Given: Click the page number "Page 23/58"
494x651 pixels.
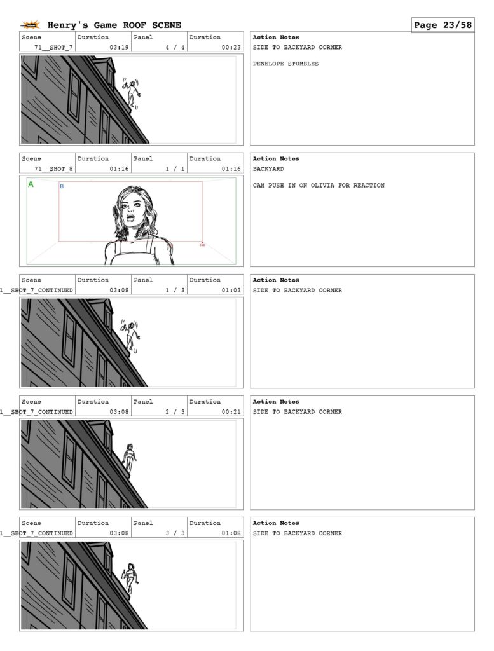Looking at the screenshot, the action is (x=443, y=25).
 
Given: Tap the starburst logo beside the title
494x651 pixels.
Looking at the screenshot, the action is (x=31, y=25).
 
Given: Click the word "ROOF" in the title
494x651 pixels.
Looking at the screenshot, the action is (x=135, y=25).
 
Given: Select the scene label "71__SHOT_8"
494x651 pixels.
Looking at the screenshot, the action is (x=53, y=169).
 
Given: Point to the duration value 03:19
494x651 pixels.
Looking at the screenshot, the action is (x=119, y=47).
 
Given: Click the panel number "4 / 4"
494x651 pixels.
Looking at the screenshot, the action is (x=175, y=47).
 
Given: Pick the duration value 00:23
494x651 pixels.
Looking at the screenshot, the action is (x=231, y=47).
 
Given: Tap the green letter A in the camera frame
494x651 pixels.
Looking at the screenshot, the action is (x=31, y=184).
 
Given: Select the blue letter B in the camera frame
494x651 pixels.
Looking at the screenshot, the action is (x=62, y=186).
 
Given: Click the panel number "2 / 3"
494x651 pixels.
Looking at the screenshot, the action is (x=175, y=412).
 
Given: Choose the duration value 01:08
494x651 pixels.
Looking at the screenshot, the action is (x=231, y=533).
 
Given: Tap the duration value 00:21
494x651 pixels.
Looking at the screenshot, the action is (x=231, y=412).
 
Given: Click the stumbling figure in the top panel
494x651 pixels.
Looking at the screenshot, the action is (x=132, y=94).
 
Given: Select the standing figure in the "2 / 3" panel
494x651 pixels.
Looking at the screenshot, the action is (x=130, y=458).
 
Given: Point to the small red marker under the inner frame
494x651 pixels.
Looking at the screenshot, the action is (x=202, y=244).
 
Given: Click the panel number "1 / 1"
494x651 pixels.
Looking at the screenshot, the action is (x=175, y=169).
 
